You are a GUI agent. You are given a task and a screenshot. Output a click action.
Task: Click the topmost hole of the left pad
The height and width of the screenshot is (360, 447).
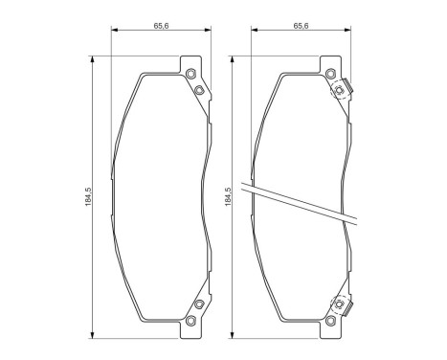190,76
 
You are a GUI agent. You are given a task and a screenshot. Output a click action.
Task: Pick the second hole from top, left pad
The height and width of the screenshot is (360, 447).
199,90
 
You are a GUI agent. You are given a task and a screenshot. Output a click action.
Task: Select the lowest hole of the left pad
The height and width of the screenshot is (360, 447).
190,318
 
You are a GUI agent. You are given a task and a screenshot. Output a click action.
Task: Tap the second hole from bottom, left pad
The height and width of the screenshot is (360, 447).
199,304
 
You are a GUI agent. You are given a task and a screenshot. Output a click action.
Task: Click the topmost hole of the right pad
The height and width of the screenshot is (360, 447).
330,76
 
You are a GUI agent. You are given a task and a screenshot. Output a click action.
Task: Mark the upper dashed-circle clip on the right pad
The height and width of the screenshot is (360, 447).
339,90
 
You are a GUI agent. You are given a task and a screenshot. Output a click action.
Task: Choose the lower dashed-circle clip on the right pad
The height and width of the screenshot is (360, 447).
339,304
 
